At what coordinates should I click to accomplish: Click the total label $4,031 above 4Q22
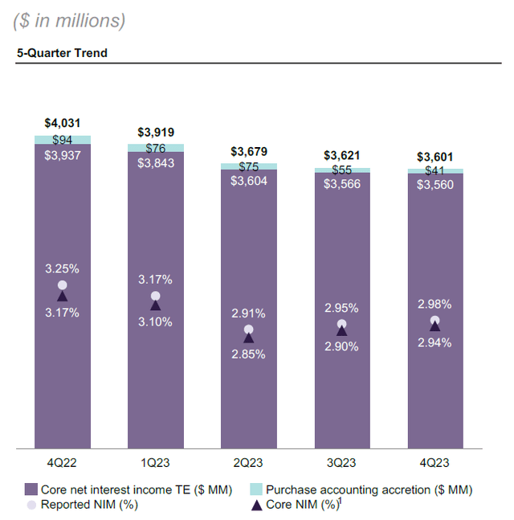62,123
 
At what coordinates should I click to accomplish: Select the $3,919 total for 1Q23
156,132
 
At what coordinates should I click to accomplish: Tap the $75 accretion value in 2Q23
249,167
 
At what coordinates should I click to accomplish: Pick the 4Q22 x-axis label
62,463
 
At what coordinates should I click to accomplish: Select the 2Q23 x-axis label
249,463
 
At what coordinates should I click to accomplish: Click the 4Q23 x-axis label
435,463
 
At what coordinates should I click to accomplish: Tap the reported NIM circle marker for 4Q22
62,285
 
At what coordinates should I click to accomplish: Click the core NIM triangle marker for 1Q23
156,305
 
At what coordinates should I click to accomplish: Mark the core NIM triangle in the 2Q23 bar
249,338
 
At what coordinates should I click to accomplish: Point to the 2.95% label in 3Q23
342,308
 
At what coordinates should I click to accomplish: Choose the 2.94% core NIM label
435,342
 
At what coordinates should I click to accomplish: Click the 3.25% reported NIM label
62,269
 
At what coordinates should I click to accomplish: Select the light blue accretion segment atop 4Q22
62,140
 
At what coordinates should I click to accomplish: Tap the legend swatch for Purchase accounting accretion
255,489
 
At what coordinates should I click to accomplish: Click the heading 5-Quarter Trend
62,54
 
